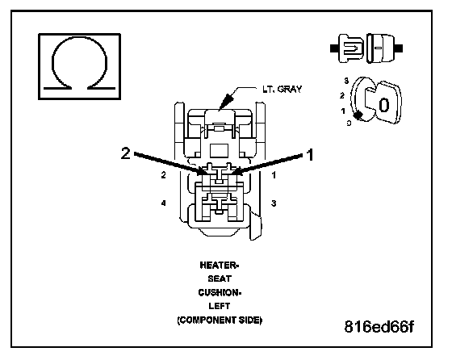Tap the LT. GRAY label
pos(282,89)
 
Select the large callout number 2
pos(126,153)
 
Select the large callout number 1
pos(310,155)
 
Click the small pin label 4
pos(163,203)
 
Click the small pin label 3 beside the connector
pos(274,203)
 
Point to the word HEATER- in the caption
pos(220,266)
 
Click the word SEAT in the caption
pos(220,278)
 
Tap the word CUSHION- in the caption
pos(220,292)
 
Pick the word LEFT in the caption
pos(220,306)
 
